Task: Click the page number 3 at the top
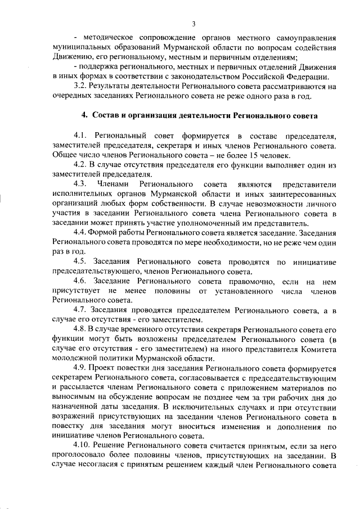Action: [x=193, y=24]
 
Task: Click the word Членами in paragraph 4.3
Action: [x=114, y=184]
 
